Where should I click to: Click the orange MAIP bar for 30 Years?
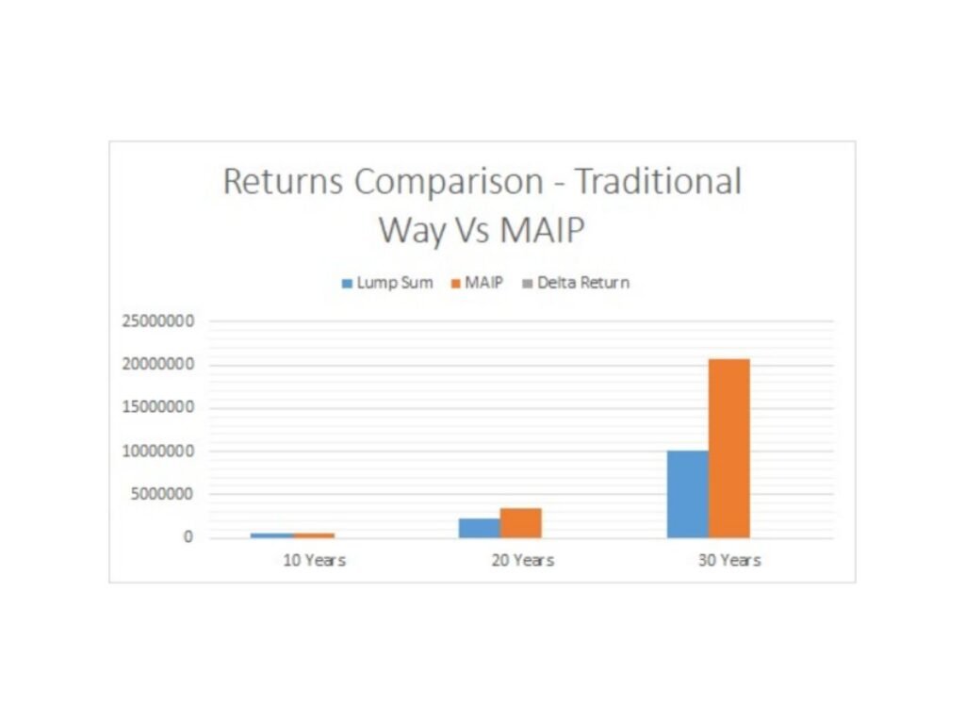tap(729, 448)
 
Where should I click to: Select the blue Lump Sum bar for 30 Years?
tap(688, 494)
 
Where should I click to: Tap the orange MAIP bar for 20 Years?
tap(520, 522)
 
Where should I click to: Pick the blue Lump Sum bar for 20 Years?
tap(480, 528)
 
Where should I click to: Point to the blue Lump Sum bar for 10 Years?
tap(271, 535)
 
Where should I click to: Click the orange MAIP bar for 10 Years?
tap(313, 535)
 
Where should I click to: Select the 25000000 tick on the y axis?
tap(158, 321)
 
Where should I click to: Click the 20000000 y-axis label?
tap(158, 364)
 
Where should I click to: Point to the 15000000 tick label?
tap(158, 407)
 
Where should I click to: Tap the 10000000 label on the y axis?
tap(158, 451)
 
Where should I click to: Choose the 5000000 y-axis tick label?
tap(162, 494)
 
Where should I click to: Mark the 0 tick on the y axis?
tap(188, 536)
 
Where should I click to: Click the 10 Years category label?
tap(314, 560)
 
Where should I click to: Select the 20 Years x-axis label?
tap(522, 560)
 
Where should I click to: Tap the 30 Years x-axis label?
tap(729, 560)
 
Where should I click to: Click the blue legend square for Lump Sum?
tap(347, 283)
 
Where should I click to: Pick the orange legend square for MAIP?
tap(456, 283)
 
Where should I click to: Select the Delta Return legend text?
tap(583, 283)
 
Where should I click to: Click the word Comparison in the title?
tap(449, 182)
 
